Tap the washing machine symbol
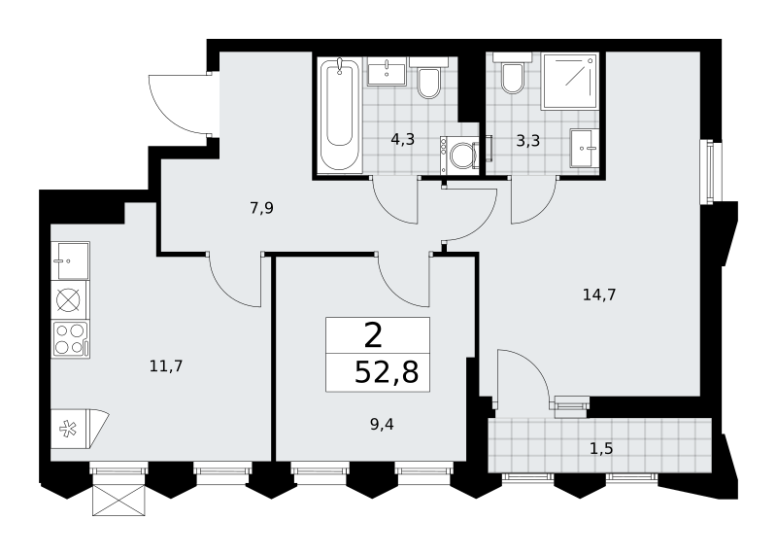pyautogui.click(x=459, y=156)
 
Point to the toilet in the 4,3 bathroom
pyautogui.click(x=428, y=79)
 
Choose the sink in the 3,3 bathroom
pyautogui.click(x=585, y=148)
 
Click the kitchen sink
pyautogui.click(x=70, y=260)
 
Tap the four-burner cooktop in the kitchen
pyautogui.click(x=70, y=340)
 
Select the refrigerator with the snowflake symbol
pyautogui.click(x=75, y=429)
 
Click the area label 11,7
pyautogui.click(x=166, y=366)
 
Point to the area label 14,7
pyautogui.click(x=599, y=295)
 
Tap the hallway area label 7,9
pyautogui.click(x=261, y=208)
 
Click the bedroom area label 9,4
pyautogui.click(x=382, y=425)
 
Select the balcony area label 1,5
pyautogui.click(x=601, y=449)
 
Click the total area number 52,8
pyautogui.click(x=387, y=372)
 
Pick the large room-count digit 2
pyautogui.click(x=374, y=335)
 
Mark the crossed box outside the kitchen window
pyautogui.click(x=118, y=500)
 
